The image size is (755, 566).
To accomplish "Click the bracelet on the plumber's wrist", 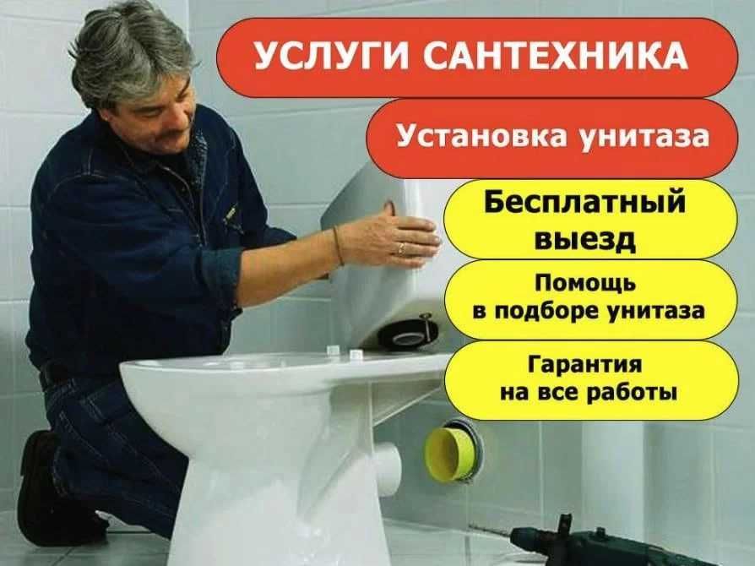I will click(x=337, y=245).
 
